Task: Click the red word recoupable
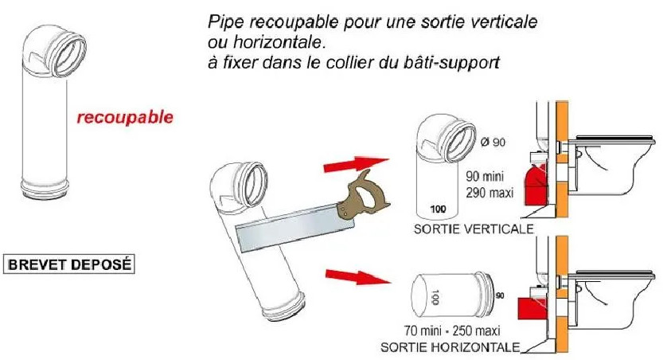[125, 117]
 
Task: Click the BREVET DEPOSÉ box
[69, 264]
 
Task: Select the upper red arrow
[356, 165]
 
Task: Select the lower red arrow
[357, 276]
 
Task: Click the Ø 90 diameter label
[493, 142]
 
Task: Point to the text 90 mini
[485, 175]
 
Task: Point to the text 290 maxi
[489, 193]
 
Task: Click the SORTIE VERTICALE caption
[474, 229]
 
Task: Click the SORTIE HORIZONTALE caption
[450, 347]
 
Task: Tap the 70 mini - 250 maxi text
[452, 330]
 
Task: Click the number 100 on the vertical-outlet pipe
[438, 209]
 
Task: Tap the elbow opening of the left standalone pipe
[68, 55]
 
